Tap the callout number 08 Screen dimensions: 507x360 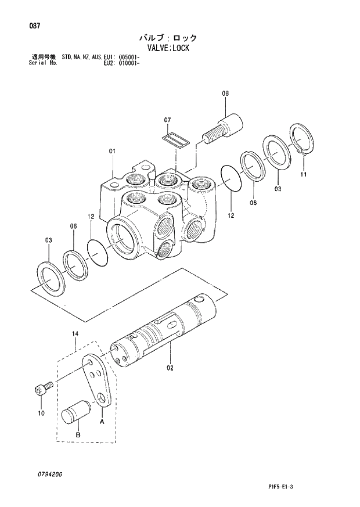pos(225,92)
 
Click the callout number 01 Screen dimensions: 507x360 pos(112,152)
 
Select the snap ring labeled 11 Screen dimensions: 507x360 pos(303,141)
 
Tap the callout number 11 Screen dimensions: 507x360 pos(304,174)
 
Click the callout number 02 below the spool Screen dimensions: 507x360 pos(170,367)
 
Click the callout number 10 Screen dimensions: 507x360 pos(41,413)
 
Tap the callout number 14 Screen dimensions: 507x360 pos(75,333)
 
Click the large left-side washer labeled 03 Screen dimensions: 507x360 pos(51,278)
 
